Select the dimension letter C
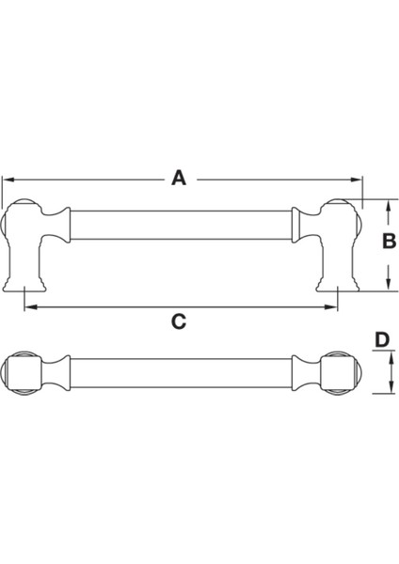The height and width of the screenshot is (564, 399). point(178,321)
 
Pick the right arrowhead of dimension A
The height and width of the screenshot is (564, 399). point(358,178)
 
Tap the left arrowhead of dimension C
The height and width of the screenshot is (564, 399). point(27,305)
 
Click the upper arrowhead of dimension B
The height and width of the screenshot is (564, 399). point(387,203)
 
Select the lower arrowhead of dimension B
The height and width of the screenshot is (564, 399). point(387,285)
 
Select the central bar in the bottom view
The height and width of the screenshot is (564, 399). point(179,373)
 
